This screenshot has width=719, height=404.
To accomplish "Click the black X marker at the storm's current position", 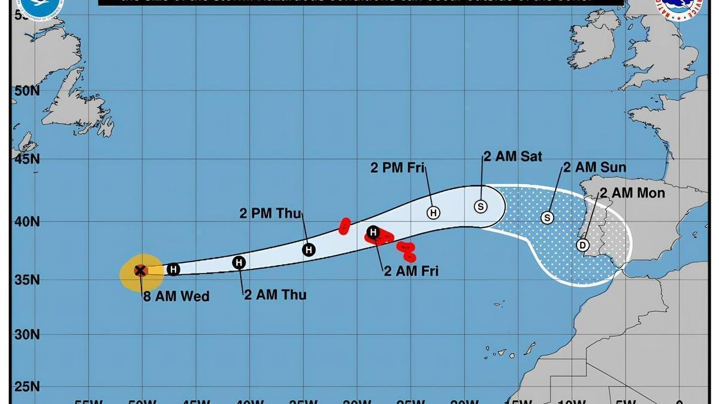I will tap(140, 271).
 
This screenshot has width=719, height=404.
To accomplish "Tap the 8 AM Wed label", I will tap(176, 296).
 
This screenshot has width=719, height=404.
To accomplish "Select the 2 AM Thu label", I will tap(275, 294).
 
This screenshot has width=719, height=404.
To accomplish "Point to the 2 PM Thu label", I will tap(271, 214).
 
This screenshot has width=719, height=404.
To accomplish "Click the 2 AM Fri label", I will tap(411, 271).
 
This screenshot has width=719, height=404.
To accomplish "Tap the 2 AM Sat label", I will tap(513, 156).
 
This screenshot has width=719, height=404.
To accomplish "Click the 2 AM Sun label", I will tap(594, 168).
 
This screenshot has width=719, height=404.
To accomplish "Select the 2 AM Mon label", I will tap(632, 193).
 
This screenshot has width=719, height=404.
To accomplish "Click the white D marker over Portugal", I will tap(582, 245).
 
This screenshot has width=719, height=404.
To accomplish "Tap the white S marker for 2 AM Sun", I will tap(547, 218).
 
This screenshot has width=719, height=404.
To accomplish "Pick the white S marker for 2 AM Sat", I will tap(481, 206).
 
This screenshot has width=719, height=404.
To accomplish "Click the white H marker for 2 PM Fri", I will tap(433, 212).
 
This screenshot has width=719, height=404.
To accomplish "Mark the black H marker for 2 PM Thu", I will tap(309, 250).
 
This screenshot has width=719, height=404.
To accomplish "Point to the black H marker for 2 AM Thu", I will tap(239, 262).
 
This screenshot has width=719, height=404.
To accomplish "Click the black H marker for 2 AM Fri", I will tap(373, 232).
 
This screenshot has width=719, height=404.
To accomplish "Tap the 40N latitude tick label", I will tap(27, 221).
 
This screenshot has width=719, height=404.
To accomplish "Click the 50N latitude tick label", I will tap(27, 90).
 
